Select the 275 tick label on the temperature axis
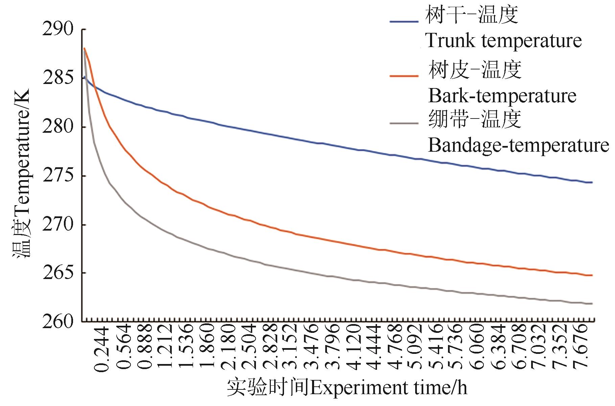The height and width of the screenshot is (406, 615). (58, 176)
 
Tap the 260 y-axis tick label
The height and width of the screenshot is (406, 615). (58, 321)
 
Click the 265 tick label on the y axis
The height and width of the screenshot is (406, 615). (58, 273)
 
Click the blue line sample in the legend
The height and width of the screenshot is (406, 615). (404, 21)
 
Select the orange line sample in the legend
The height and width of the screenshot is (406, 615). (404, 76)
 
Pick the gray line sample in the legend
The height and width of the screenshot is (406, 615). (404, 123)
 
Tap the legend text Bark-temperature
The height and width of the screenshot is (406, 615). (502, 96)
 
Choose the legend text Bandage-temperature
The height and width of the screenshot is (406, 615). (518, 146)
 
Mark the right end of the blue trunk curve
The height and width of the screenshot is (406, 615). (592, 183)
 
